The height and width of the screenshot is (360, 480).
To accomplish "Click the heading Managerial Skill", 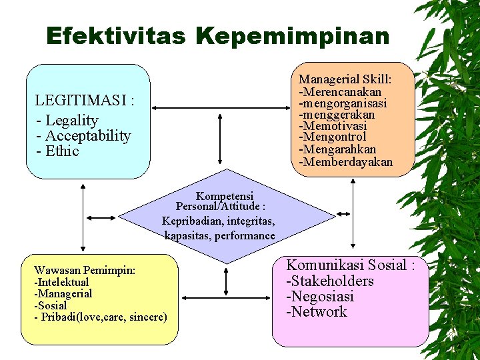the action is point(345,80).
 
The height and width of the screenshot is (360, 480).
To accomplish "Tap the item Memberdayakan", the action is point(347,162).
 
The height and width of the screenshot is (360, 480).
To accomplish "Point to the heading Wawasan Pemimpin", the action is point(85,270).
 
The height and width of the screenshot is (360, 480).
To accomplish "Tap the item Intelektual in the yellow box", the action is point(63,282).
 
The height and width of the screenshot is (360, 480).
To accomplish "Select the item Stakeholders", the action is point(332,281).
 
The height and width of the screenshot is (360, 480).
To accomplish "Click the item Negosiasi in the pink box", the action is point(322,296).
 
